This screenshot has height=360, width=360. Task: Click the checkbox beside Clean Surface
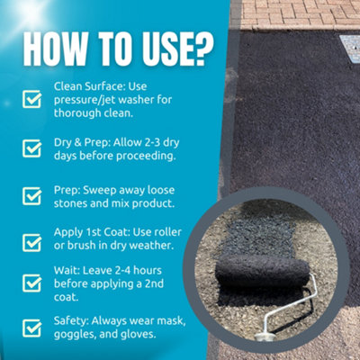pos(32,99)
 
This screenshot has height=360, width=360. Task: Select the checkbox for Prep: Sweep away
pos(32,195)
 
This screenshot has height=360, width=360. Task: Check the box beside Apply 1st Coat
pos(32,241)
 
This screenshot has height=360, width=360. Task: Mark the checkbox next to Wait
pos(32,282)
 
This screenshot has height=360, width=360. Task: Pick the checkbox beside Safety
pos(32,328)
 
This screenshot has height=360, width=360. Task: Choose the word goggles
pos(75,335)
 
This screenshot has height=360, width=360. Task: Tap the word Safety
pos(72,320)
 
